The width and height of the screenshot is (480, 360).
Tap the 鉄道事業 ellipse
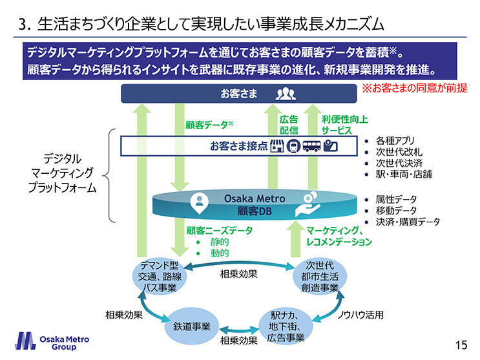191,326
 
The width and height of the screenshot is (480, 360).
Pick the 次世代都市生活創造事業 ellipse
319,277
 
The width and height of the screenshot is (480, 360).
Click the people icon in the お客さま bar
286,94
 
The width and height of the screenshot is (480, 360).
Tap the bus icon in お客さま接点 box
312,146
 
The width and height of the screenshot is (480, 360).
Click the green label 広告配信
288,125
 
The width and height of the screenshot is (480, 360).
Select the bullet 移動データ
396,211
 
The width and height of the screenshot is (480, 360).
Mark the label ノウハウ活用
361,315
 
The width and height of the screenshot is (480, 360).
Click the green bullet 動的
219,253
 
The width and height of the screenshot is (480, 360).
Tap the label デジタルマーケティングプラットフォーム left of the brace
62,173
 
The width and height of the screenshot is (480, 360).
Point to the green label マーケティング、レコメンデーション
339,236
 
